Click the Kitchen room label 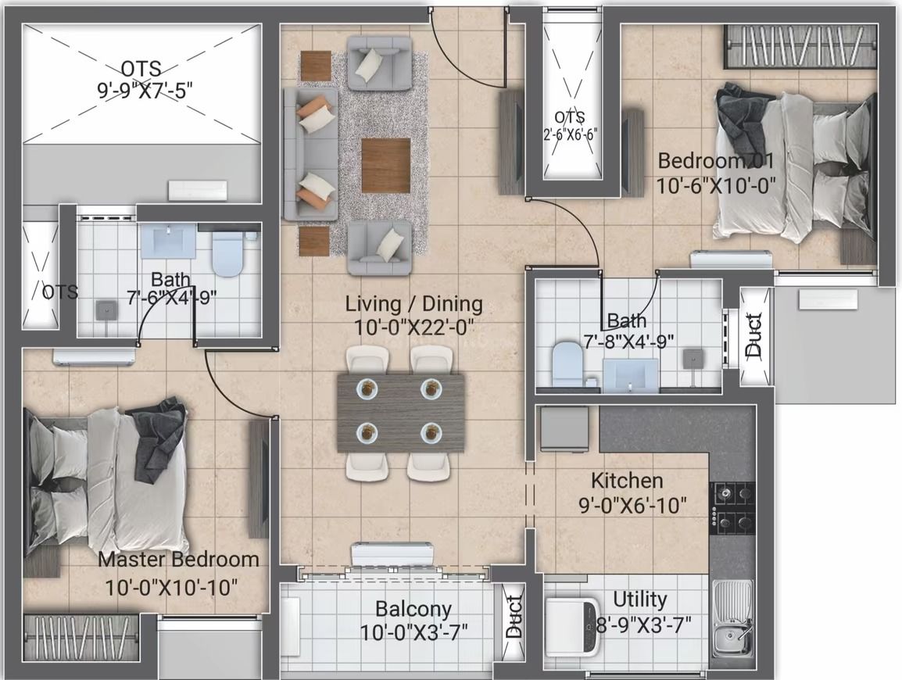627,480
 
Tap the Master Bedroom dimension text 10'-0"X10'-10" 171,587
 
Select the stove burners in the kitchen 732,507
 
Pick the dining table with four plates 400,411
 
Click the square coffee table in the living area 385,163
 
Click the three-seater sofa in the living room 310,153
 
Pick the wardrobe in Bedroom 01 800,47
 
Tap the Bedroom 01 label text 715,161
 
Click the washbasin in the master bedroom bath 167,242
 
